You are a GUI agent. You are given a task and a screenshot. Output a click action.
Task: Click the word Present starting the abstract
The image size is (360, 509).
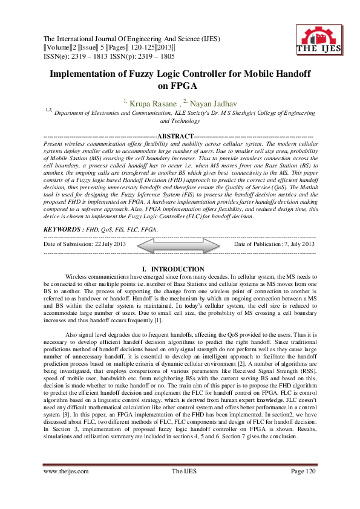click(56, 144)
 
